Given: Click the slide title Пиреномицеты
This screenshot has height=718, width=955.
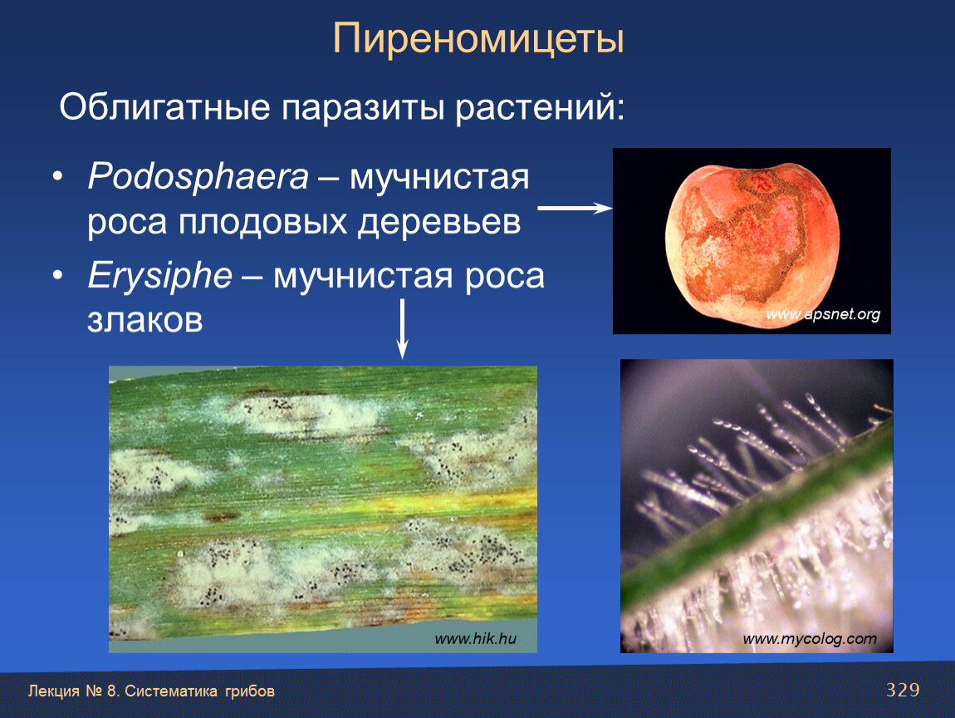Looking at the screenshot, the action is click(x=478, y=40).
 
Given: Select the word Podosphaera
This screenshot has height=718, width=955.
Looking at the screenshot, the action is click(x=198, y=176).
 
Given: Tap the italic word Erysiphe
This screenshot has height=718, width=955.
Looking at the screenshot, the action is click(x=160, y=276).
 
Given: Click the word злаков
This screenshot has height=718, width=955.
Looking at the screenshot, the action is click(x=145, y=319).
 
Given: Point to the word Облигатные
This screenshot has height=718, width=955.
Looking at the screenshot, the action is click(x=164, y=108).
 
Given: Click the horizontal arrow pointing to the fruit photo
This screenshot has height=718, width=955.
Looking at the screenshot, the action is click(x=575, y=208).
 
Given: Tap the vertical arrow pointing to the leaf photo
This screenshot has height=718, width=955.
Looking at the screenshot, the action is click(x=402, y=328).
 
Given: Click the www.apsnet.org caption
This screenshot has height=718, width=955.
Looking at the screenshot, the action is click(x=823, y=314).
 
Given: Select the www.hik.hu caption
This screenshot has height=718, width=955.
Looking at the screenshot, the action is click(x=476, y=638).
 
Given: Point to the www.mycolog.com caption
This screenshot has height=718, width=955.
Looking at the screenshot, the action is click(x=810, y=639).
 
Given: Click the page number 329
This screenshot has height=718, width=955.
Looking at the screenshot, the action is click(x=903, y=690).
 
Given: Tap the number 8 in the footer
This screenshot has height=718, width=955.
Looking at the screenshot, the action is click(x=111, y=691).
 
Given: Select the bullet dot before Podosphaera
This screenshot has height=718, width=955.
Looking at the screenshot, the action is click(x=58, y=177).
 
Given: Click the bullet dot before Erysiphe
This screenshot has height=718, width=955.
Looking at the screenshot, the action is click(x=58, y=276).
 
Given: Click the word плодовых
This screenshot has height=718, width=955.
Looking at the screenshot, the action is click(x=262, y=223).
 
